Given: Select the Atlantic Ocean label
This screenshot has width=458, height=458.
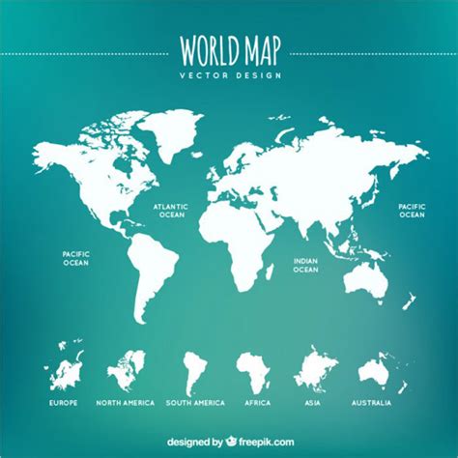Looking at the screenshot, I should pyautogui.click(x=170, y=210).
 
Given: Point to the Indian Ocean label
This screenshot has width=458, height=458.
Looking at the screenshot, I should pyautogui.click(x=305, y=265).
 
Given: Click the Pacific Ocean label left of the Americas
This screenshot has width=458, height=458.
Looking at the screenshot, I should pyautogui.click(x=75, y=257).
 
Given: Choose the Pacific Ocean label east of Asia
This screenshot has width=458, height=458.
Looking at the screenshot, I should pyautogui.click(x=413, y=210).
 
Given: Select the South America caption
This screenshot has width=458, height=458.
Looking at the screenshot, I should pyautogui.click(x=195, y=402).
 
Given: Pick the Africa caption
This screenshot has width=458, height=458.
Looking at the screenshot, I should pyautogui.click(x=256, y=402).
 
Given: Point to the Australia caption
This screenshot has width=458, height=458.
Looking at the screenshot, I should pyautogui.click(x=373, y=402).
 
